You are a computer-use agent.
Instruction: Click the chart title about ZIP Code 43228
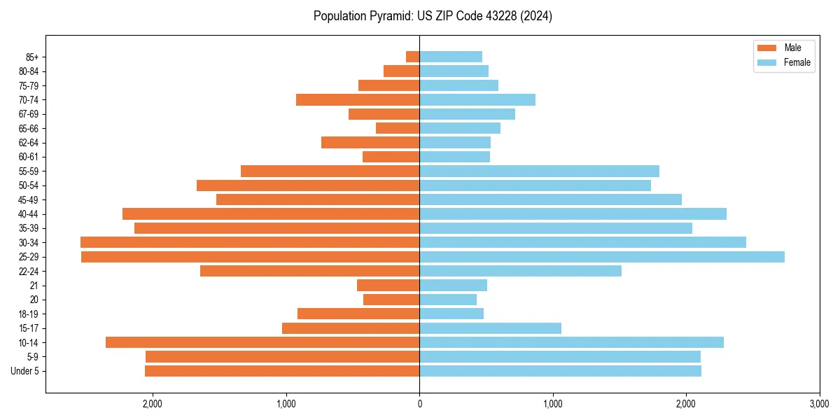(433, 16)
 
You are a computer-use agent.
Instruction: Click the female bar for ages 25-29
(601, 257)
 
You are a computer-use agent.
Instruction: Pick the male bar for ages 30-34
(250, 242)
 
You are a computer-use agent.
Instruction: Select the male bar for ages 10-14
(262, 342)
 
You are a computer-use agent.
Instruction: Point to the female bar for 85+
(451, 57)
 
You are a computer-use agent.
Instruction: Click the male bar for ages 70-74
(358, 99)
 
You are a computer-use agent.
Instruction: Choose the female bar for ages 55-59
(539, 171)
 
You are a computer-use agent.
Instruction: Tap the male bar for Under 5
(282, 371)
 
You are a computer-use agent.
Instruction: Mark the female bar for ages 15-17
(490, 328)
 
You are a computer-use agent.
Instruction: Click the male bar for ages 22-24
(309, 271)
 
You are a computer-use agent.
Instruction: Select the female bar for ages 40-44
(573, 213)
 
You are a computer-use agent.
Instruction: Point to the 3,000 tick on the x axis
(819, 404)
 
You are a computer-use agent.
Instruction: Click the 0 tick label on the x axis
(419, 404)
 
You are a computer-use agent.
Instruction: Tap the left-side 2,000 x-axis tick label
(153, 404)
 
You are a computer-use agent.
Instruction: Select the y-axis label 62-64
(29, 143)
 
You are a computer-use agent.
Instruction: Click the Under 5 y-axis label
(25, 371)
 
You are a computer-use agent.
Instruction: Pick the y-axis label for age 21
(34, 286)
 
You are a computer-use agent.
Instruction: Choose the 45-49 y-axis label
(29, 199)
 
